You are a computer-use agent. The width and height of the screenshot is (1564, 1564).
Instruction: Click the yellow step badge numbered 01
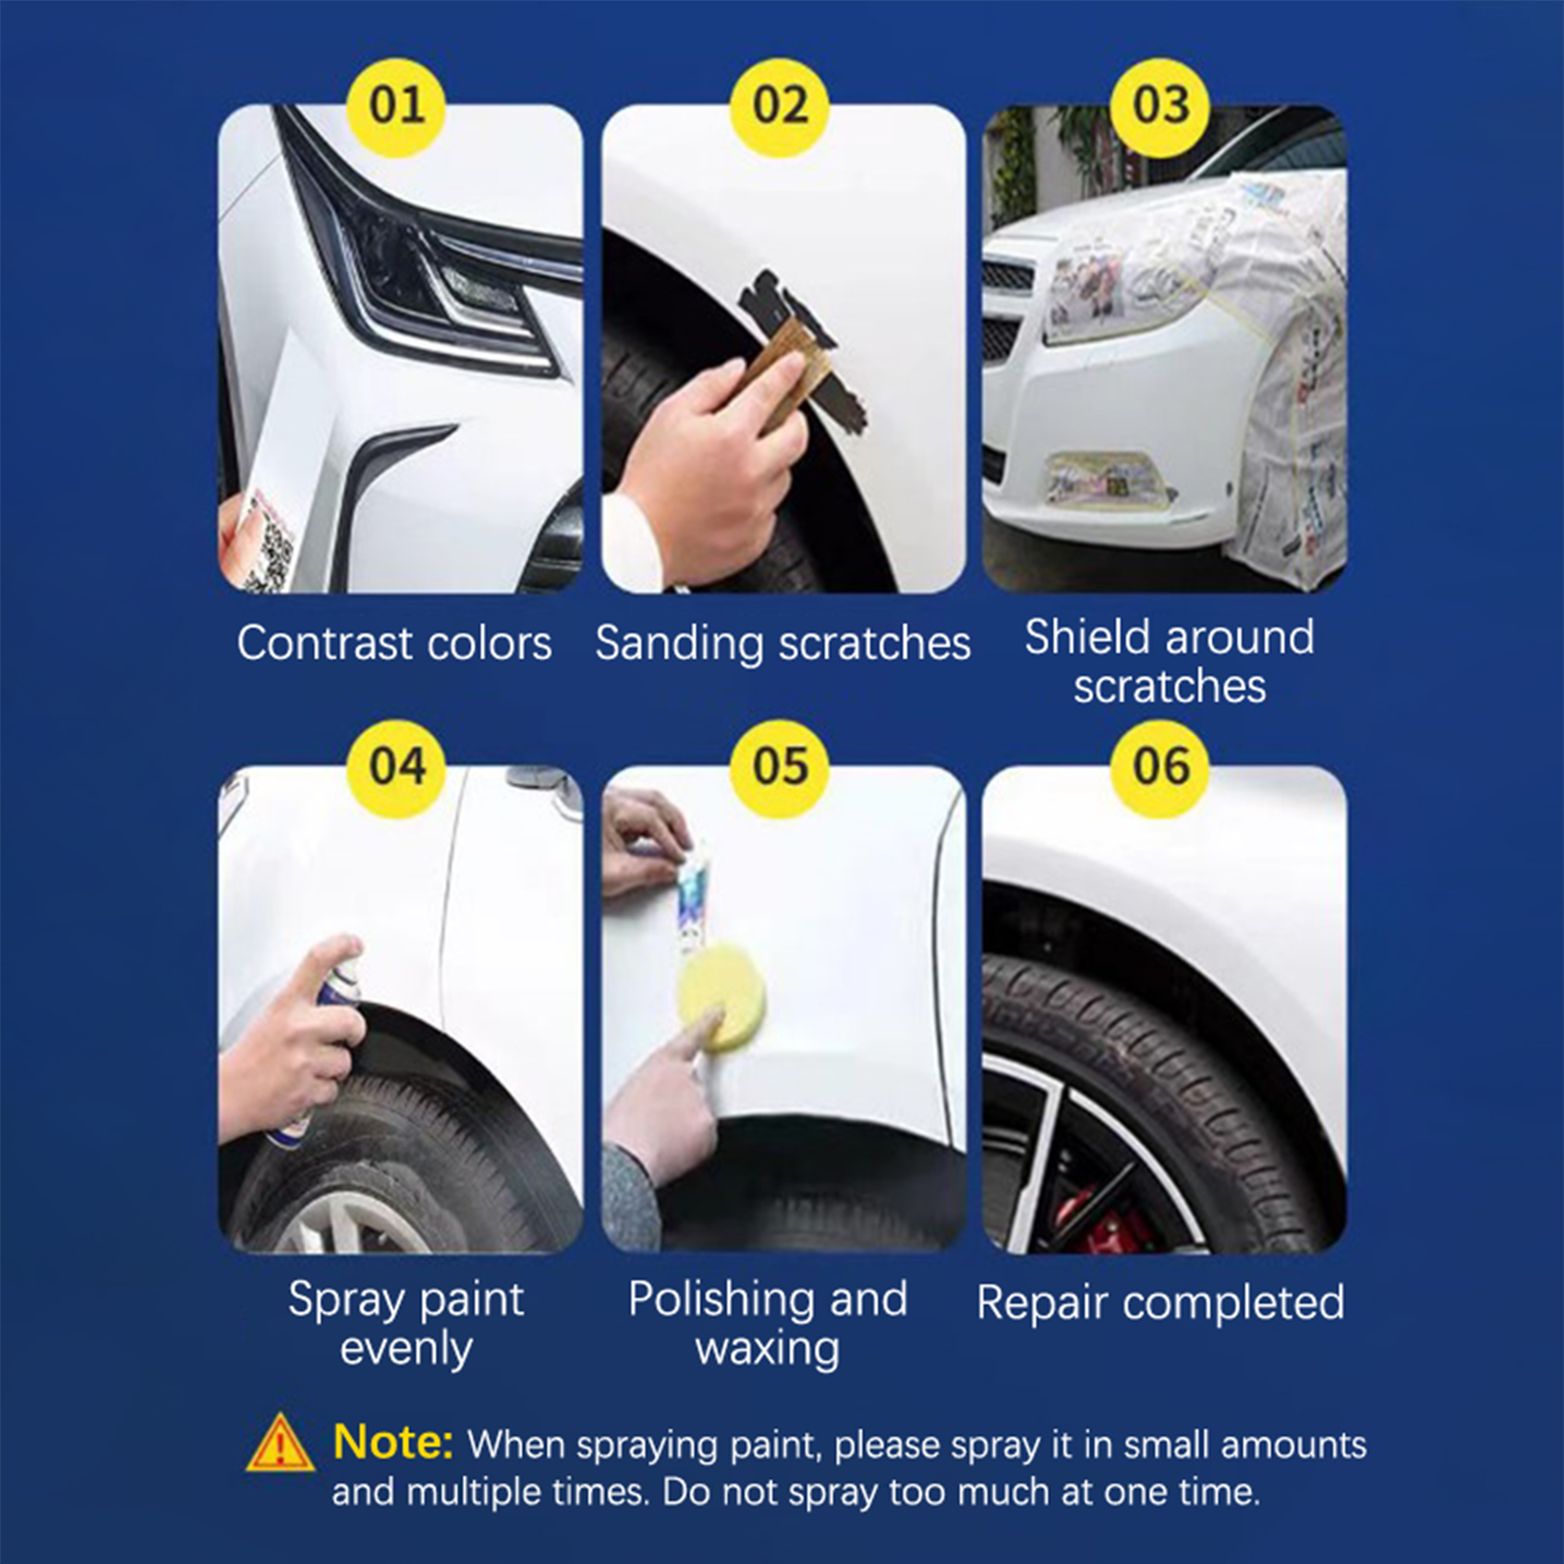pyautogui.click(x=397, y=106)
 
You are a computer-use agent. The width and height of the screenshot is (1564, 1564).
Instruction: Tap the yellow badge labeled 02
pyautogui.click(x=780, y=106)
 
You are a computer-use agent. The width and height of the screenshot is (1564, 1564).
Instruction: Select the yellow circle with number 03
pyautogui.click(x=1161, y=106)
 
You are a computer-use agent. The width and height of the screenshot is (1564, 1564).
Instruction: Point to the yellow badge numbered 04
pyautogui.click(x=397, y=767)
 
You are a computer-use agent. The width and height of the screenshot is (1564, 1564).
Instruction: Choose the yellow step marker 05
pyautogui.click(x=780, y=767)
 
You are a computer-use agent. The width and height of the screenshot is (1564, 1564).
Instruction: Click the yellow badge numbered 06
pyautogui.click(x=1161, y=767)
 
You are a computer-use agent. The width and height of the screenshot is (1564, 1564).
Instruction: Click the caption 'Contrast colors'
pyautogui.click(x=394, y=643)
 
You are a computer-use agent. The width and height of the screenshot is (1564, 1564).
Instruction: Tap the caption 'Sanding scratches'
pyautogui.click(x=783, y=643)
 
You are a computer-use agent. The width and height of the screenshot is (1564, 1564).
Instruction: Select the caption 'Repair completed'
pyautogui.click(x=1160, y=1303)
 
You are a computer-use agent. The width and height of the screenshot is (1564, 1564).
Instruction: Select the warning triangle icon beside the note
pyautogui.click(x=281, y=1443)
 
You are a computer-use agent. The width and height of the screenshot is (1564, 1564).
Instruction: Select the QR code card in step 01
pyautogui.click(x=260, y=543)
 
